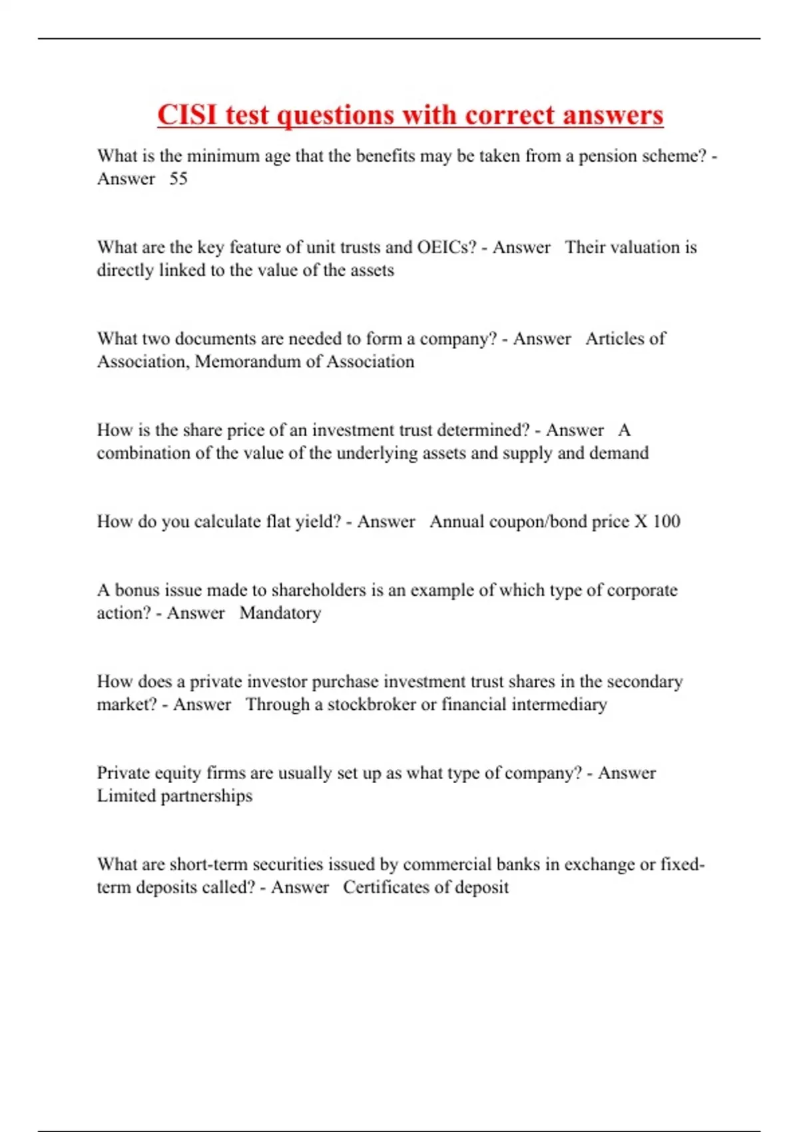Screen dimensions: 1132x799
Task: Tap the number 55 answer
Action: pyautogui.click(x=178, y=178)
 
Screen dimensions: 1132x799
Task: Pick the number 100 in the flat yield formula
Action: pyautogui.click(x=666, y=521)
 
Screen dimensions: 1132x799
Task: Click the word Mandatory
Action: pyautogui.click(x=280, y=613)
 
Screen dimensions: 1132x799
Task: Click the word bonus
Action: pyautogui.click(x=137, y=590)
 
